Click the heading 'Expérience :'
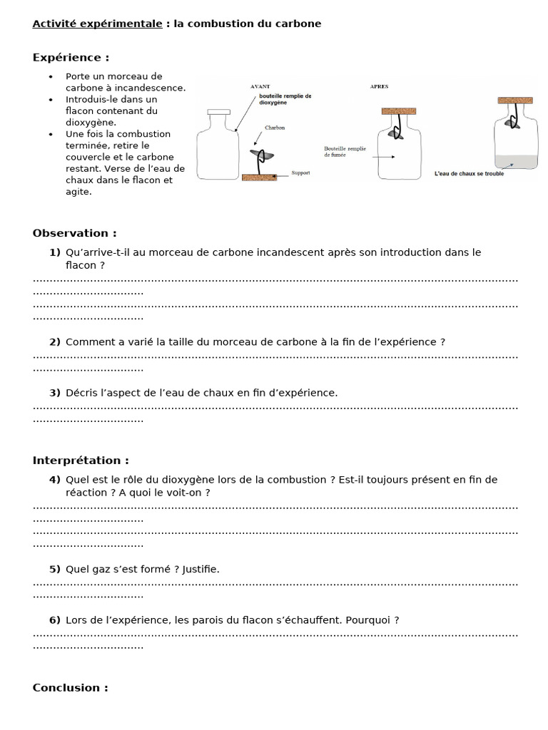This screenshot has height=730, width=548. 71,58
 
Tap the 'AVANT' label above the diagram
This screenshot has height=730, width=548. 260,86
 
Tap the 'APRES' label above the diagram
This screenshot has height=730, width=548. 379,86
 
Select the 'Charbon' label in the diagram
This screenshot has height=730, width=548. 275,128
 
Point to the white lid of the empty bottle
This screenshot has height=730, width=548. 218,112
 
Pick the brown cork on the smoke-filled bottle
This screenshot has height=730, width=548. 398,111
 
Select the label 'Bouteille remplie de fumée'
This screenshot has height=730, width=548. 345,151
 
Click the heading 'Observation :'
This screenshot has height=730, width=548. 74,233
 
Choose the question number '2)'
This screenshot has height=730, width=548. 55,342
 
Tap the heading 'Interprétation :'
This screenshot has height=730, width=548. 81,461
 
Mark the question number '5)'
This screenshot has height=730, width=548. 55,569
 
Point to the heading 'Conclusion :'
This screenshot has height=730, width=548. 70,687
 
